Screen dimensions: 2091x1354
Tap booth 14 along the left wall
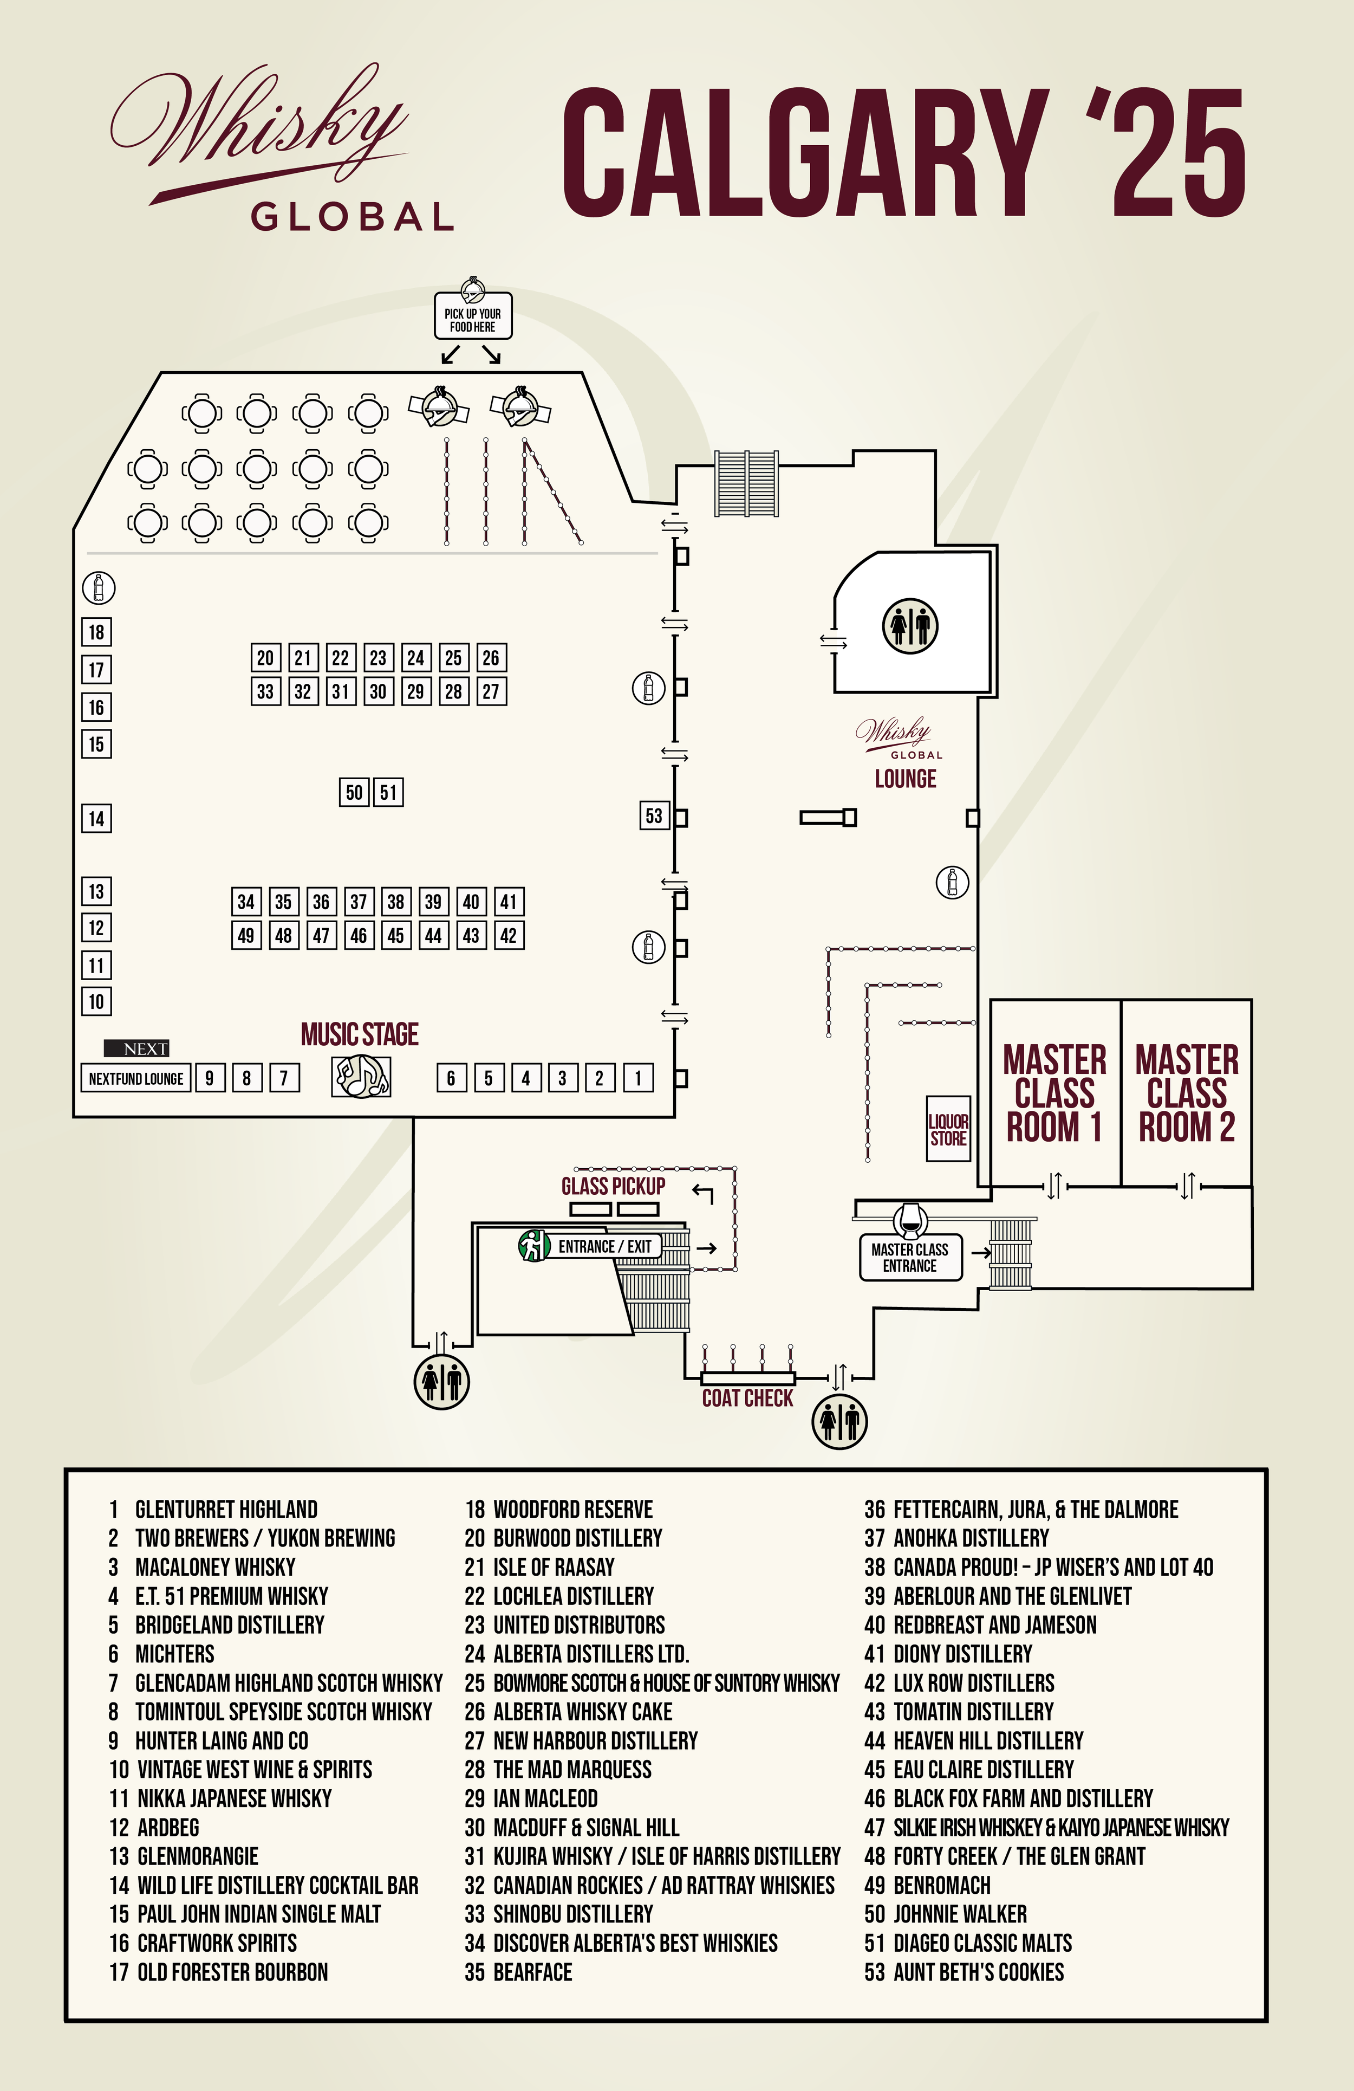click(96, 819)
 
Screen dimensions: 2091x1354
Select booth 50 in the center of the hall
click(354, 793)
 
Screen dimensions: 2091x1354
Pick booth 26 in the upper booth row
click(491, 658)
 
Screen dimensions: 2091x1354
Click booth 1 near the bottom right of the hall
click(639, 1078)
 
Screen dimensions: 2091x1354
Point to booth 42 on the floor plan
click(509, 936)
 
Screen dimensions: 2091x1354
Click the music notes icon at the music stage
click(361, 1076)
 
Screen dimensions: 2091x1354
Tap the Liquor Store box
click(948, 1129)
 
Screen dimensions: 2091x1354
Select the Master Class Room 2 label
click(1186, 1093)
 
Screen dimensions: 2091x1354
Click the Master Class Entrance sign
click(910, 1257)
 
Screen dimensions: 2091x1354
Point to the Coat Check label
click(747, 1399)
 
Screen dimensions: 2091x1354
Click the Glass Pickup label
click(613, 1186)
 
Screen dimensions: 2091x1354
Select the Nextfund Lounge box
click(136, 1078)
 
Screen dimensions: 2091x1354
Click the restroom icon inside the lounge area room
click(910, 626)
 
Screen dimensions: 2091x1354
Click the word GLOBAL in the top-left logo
click(352, 216)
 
